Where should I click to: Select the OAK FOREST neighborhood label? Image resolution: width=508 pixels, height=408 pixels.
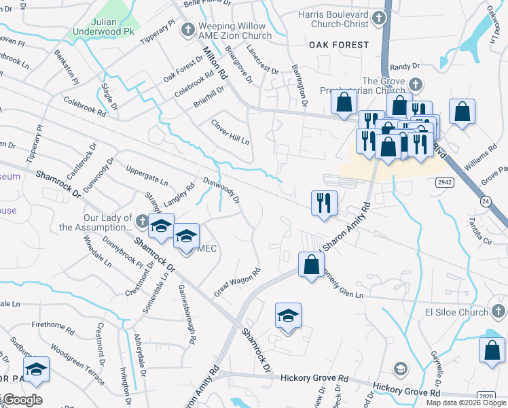click(339, 45)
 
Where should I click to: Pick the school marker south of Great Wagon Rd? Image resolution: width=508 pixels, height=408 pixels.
click(288, 316)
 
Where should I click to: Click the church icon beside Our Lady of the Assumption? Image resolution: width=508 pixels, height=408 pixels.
click(141, 221)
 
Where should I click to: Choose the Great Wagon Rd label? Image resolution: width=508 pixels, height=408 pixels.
click(238, 281)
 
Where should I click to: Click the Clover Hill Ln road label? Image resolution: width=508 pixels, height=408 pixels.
click(231, 132)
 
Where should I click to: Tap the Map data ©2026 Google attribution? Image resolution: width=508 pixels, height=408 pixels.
click(466, 403)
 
